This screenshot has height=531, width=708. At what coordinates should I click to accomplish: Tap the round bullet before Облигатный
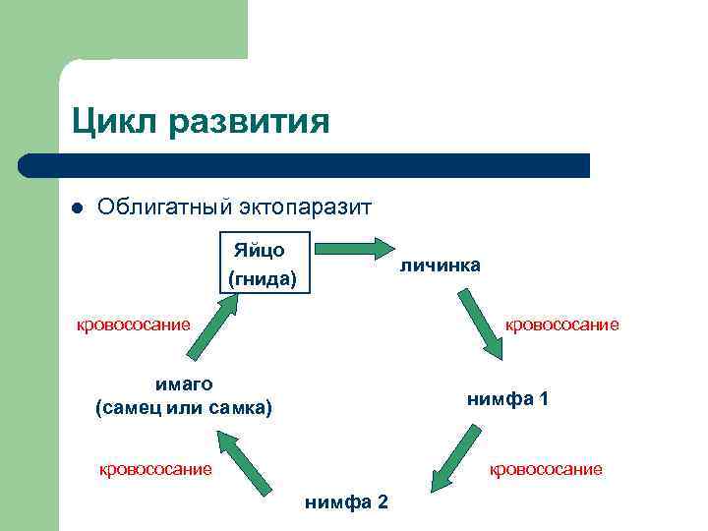click(77, 208)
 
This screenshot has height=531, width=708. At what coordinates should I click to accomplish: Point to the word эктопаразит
click(304, 207)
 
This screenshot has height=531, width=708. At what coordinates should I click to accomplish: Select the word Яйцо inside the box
click(260, 250)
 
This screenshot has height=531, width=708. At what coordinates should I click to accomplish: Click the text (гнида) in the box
click(262, 278)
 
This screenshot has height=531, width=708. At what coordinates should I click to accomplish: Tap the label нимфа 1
click(507, 399)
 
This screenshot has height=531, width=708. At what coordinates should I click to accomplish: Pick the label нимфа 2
click(346, 502)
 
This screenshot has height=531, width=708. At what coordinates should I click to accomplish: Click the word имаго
click(184, 383)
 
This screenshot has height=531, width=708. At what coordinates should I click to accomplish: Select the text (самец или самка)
click(184, 407)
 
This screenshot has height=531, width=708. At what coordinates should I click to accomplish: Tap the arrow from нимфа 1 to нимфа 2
click(453, 456)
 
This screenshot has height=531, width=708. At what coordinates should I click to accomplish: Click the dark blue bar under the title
click(305, 165)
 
